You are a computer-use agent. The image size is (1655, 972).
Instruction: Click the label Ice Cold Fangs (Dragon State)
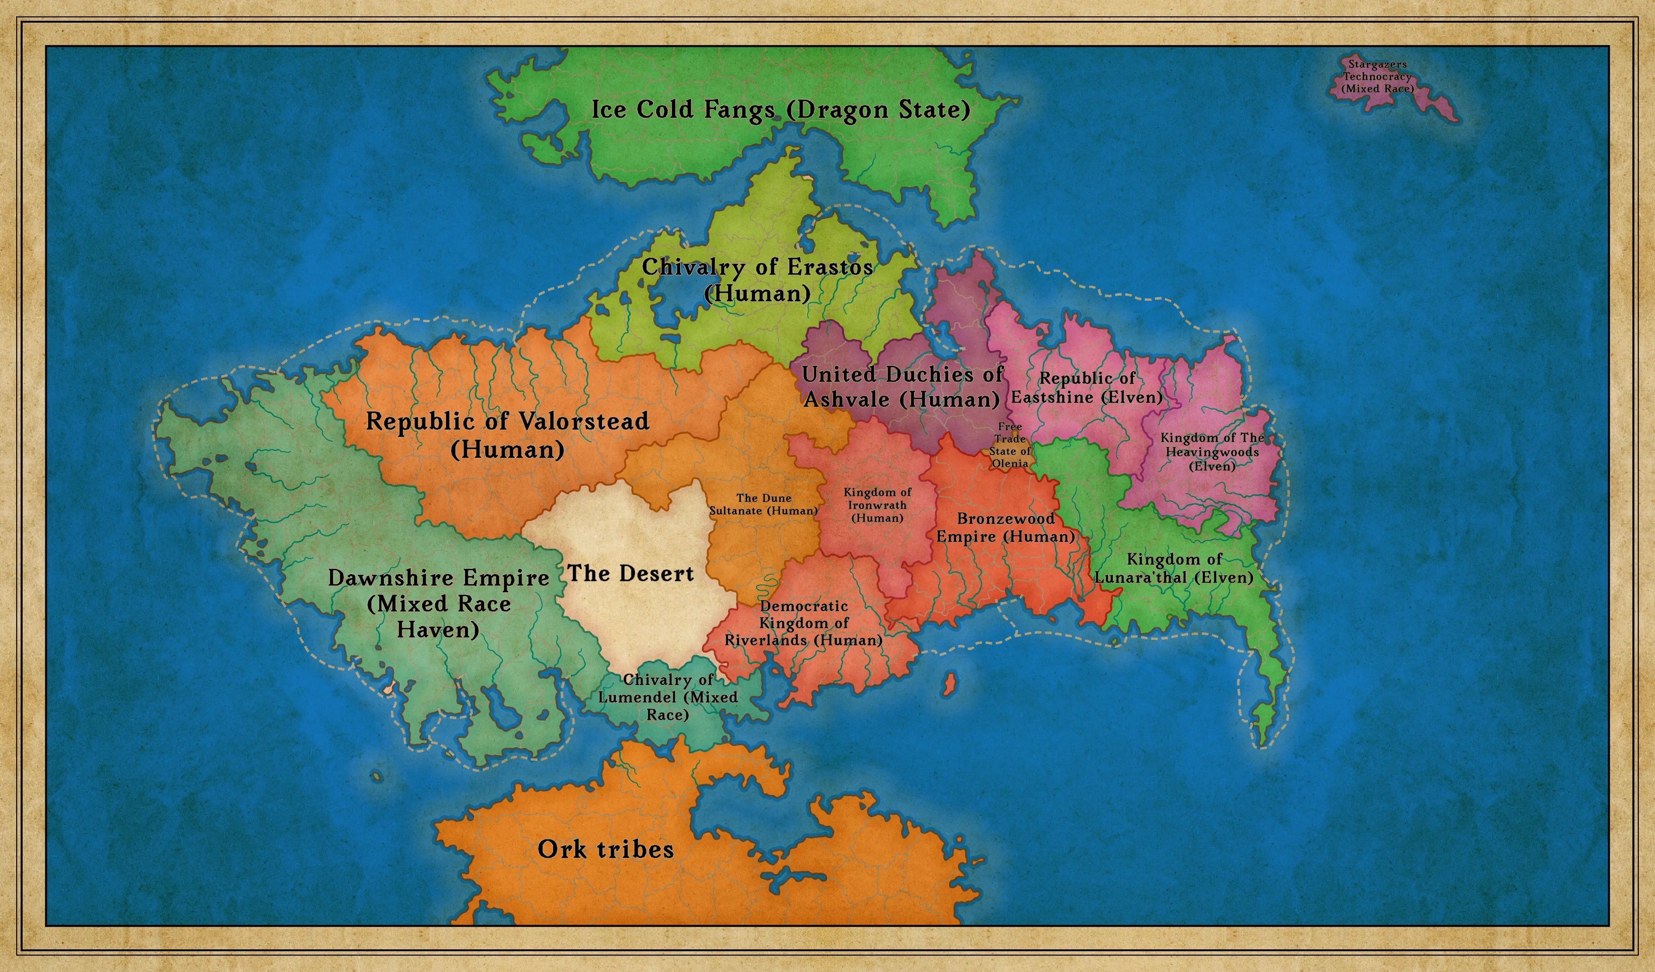780,110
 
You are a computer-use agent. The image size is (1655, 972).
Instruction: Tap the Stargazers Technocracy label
1377,76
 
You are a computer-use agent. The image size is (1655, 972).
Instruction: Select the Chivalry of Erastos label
757,280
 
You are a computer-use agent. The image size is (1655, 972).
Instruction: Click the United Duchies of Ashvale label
902,387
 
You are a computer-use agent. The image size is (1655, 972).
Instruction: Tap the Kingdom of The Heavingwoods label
1212,452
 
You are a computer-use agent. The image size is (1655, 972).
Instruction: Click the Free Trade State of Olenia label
1010,445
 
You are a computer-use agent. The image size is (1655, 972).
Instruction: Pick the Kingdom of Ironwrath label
878,505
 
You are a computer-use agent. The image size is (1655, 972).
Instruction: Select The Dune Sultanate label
763,504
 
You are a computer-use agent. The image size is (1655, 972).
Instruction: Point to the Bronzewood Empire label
1005,527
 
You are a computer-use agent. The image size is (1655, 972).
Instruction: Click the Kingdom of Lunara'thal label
1174,568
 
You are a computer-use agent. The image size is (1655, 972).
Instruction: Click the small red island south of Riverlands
948,683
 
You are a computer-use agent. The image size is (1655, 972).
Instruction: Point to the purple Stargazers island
1432,105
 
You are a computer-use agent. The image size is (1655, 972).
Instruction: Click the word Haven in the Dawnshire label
438,630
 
